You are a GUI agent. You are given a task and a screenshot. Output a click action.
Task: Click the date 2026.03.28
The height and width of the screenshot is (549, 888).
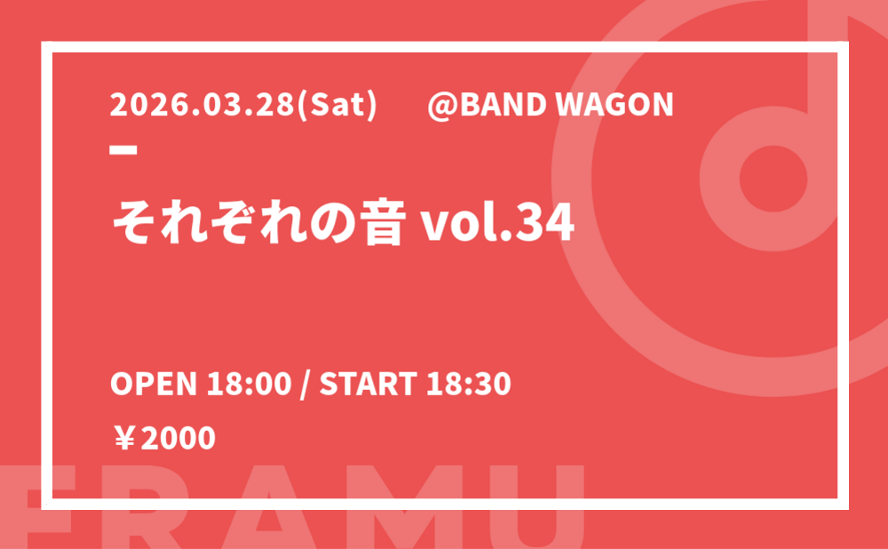[x=202, y=105]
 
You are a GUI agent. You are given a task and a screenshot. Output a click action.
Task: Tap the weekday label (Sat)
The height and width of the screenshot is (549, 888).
[x=337, y=106]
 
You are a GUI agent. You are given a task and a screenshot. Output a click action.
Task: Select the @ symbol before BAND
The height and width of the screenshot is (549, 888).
[x=443, y=106]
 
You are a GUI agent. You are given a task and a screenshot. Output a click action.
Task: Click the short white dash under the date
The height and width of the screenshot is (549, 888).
[x=123, y=149]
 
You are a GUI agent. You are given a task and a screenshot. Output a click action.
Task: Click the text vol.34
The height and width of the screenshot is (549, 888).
[x=496, y=223]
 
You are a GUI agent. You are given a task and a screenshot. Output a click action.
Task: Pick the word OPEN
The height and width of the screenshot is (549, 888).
[x=154, y=384]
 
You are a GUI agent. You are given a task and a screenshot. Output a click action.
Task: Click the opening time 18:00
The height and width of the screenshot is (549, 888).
[x=249, y=384]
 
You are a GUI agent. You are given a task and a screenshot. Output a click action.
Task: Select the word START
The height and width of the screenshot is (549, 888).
[x=369, y=384]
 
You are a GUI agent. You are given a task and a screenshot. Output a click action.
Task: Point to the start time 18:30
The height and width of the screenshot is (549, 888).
[x=469, y=384]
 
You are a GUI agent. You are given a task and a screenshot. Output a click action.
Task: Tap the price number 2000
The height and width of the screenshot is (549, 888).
[x=178, y=439]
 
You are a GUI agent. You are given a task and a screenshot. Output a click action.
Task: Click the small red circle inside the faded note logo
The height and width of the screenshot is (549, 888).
[x=773, y=179]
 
